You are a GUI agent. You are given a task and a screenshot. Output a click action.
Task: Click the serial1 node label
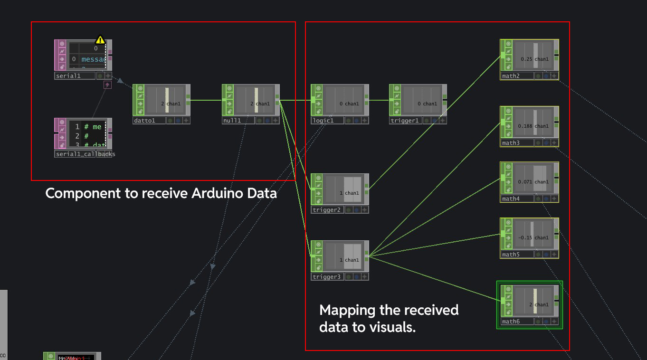[x=67, y=76]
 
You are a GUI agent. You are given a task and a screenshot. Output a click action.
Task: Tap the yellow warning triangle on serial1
[x=100, y=39]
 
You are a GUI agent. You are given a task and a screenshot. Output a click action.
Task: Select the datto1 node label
[x=145, y=121]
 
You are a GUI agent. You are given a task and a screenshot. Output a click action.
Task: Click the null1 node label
[x=232, y=121]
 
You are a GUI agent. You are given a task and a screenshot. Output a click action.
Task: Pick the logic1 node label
[x=323, y=121]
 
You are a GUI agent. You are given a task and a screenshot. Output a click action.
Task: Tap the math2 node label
[x=511, y=76]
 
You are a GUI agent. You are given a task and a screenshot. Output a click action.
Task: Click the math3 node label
[x=511, y=143]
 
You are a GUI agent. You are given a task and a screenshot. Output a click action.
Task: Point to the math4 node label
[x=511, y=199]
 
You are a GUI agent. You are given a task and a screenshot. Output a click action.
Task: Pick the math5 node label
[x=511, y=255]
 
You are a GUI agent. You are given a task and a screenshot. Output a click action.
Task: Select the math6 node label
[x=511, y=322]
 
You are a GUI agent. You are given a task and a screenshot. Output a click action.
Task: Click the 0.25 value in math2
[x=526, y=59]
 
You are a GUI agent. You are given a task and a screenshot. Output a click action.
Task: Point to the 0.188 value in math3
[x=525, y=126]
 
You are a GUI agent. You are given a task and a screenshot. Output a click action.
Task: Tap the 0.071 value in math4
[x=525, y=182]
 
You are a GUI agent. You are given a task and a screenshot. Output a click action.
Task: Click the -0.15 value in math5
[x=525, y=238]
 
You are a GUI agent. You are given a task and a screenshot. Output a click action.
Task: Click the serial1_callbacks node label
[x=85, y=154]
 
